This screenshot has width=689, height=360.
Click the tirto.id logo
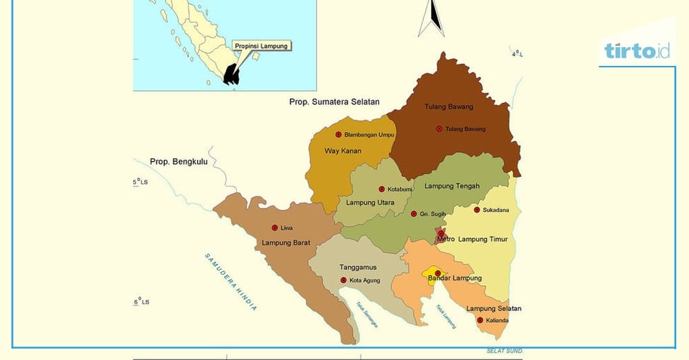click(x=637, y=50)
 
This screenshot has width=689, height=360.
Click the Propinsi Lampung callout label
click(x=261, y=46)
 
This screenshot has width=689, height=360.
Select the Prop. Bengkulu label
click(x=178, y=161)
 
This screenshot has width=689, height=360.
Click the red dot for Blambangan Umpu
click(x=338, y=135)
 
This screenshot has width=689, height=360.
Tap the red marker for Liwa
click(x=275, y=227)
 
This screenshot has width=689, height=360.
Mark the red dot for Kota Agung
click(x=344, y=280)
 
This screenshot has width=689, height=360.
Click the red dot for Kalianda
click(x=480, y=320)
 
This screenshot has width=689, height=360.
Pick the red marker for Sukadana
click(x=477, y=210)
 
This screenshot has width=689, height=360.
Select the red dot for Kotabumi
click(x=382, y=189)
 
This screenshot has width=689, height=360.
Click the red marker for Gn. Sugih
click(x=414, y=214)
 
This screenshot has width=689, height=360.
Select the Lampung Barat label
click(x=286, y=243)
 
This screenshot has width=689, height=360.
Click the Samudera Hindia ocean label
click(x=231, y=281)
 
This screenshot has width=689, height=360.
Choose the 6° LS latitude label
click(x=141, y=301)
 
